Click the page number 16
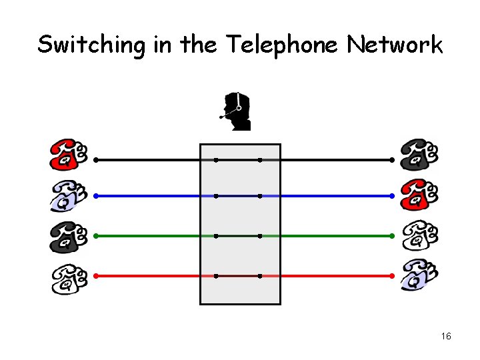(x=446, y=337)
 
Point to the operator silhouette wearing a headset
(x=237, y=111)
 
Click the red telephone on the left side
(x=68, y=155)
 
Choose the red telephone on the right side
(x=419, y=195)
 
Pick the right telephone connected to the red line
(x=419, y=275)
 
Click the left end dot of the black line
(x=95, y=160)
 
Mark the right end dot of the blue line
(x=392, y=196)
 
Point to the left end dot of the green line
(x=95, y=235)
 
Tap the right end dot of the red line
(x=392, y=275)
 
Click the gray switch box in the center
(x=240, y=223)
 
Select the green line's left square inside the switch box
(x=215, y=235)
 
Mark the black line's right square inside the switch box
(x=259, y=160)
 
